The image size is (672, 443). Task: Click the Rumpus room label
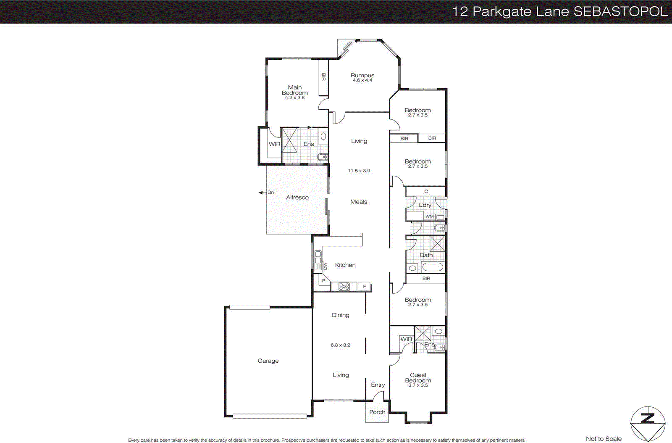[362, 75]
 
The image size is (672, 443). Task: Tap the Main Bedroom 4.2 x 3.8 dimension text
[295, 98]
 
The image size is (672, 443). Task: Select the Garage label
[268, 361]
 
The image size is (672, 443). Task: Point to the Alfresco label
[297, 197]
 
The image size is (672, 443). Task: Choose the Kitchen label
[345, 265]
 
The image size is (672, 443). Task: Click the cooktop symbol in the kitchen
[344, 287]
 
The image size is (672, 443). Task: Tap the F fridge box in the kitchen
[365, 287]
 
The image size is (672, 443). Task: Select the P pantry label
[323, 280]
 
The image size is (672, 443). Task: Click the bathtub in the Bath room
[433, 267]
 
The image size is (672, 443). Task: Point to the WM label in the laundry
[429, 216]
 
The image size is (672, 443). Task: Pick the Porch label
[377, 412]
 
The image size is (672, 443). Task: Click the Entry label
[378, 385]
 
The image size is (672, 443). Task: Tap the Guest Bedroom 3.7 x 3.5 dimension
[418, 385]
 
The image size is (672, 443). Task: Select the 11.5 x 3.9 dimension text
[359, 171]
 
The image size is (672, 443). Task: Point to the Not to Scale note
[604, 438]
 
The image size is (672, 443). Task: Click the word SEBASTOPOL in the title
[620, 11]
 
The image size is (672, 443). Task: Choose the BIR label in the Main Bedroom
[323, 77]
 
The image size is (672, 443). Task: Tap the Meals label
[359, 202]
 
